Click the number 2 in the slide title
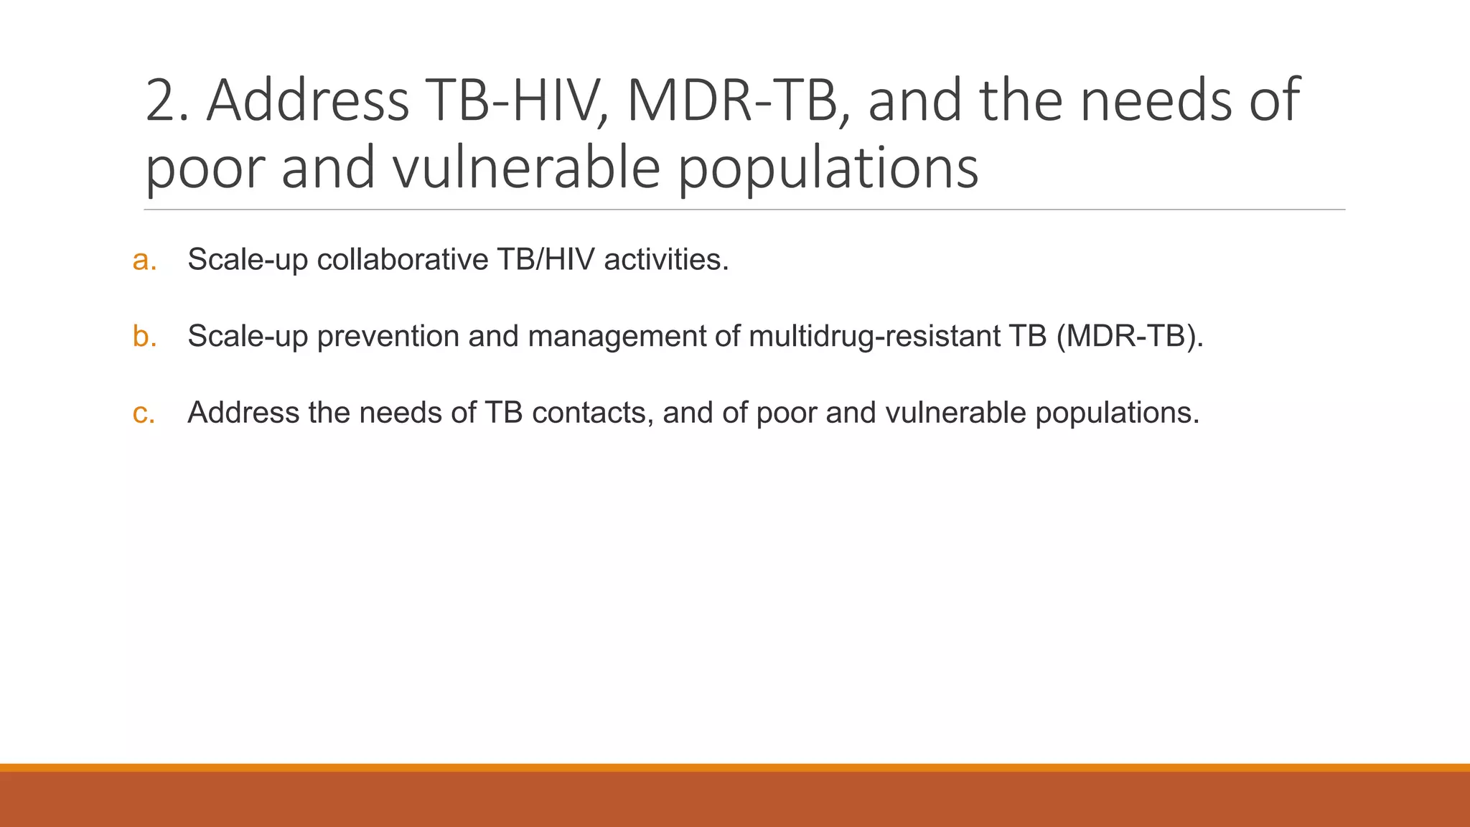(161, 101)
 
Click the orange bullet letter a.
(144, 260)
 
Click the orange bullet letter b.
(144, 336)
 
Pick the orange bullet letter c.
(144, 413)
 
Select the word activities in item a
(665, 260)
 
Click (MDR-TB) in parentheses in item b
(1130, 337)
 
